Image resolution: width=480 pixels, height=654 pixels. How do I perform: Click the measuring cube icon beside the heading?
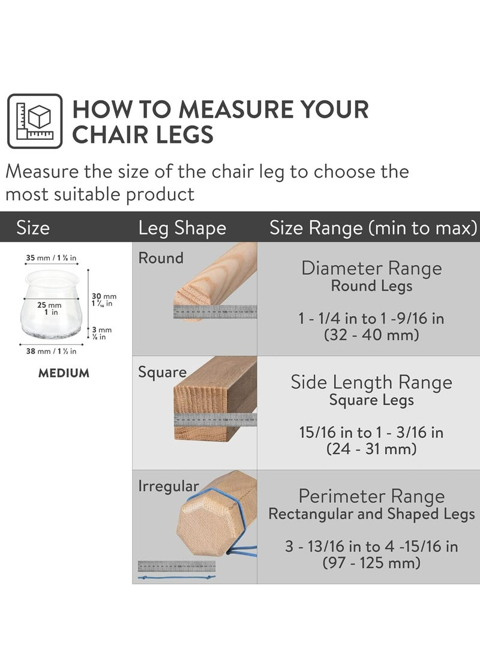pyautogui.click(x=35, y=121)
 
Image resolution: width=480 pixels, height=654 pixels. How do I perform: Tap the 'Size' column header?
pyautogui.click(x=33, y=228)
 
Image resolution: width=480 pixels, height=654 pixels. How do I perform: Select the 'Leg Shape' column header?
pyautogui.click(x=182, y=228)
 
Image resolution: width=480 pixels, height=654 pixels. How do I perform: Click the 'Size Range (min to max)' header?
pyautogui.click(x=373, y=228)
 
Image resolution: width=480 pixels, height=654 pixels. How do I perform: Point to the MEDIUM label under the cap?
pyautogui.click(x=64, y=373)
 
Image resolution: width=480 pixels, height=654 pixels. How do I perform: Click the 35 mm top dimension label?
pyautogui.click(x=51, y=258)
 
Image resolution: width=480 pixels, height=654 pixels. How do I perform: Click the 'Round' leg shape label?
pyautogui.click(x=160, y=258)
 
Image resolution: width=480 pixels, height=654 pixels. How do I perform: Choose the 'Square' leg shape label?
pyautogui.click(x=162, y=372)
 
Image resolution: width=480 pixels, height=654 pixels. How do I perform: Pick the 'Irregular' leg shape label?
pyautogui.click(x=169, y=485)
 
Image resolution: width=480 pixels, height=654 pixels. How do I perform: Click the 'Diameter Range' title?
pyautogui.click(x=371, y=268)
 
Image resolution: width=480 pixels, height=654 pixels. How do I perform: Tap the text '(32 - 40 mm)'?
pyautogui.click(x=371, y=335)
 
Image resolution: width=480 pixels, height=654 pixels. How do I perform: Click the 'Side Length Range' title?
pyautogui.click(x=371, y=382)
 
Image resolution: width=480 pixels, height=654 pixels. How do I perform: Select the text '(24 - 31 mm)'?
pyautogui.click(x=371, y=448)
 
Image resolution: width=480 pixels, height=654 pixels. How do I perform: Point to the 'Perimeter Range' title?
pyautogui.click(x=371, y=496)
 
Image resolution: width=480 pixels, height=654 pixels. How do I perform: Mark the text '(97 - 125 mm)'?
pyautogui.click(x=371, y=563)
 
